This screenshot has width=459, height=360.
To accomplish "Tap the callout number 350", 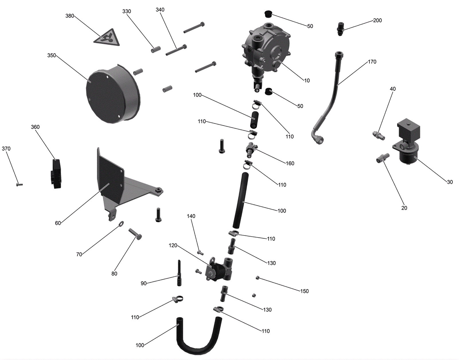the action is pyautogui.click(x=52, y=55).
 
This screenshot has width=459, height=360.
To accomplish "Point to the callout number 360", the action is pyautogui.click(x=35, y=127).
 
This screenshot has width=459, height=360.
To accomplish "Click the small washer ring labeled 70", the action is pyautogui.click(x=121, y=223).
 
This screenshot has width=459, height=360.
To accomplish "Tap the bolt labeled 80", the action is pyautogui.click(x=135, y=234).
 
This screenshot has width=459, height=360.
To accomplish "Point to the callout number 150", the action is pyautogui.click(x=304, y=291).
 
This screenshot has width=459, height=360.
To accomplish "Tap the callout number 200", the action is pyautogui.click(x=378, y=20).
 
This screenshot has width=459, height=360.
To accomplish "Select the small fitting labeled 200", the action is pyautogui.click(x=340, y=29).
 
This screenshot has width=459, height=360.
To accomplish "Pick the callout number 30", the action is pyautogui.click(x=450, y=182).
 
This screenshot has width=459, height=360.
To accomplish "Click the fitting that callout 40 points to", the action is pyautogui.click(x=378, y=135).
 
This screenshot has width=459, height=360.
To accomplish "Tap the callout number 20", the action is pyautogui.click(x=404, y=208).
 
